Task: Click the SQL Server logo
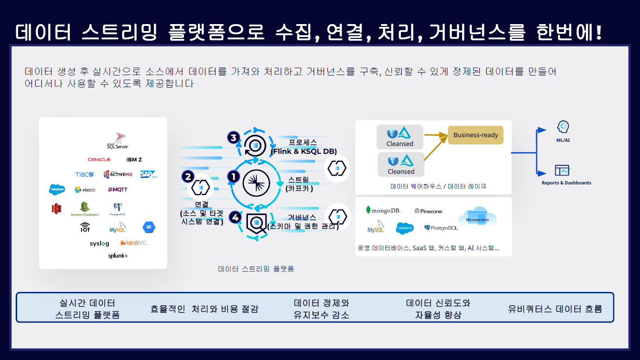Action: tap(118, 141)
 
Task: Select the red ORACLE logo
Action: tap(99, 159)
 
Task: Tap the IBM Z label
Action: tap(134, 159)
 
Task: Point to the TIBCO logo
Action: tap(85, 175)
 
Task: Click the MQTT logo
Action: tap(118, 189)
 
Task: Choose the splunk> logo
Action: tap(118, 256)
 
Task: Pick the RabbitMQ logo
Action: tap(133, 243)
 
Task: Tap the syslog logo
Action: tap(100, 243)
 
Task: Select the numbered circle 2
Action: tap(188, 177)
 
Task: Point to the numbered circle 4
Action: tap(236, 217)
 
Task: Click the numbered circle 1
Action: tap(234, 177)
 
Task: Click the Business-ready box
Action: tap(475, 135)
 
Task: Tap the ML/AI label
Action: tap(563, 140)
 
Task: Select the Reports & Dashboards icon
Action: tap(562, 171)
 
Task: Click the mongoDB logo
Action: tap(383, 210)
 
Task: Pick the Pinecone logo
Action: tap(428, 211)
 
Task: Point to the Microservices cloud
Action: tap(477, 218)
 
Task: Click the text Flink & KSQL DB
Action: tap(304, 151)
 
